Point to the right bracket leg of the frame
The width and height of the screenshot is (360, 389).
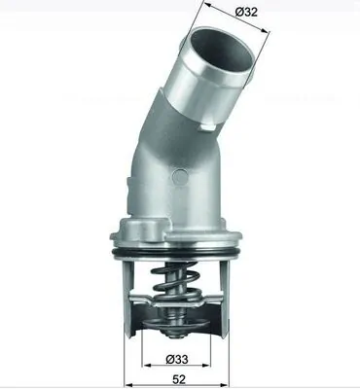[234, 292]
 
